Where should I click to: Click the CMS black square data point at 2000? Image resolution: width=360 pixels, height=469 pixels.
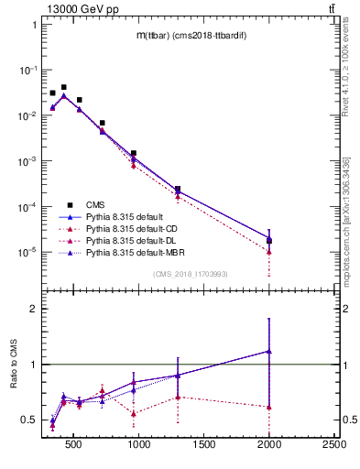(x=269, y=241)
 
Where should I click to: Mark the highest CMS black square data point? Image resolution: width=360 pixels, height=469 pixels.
(x=63, y=87)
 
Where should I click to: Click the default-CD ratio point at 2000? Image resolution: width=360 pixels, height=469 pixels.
(x=269, y=407)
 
